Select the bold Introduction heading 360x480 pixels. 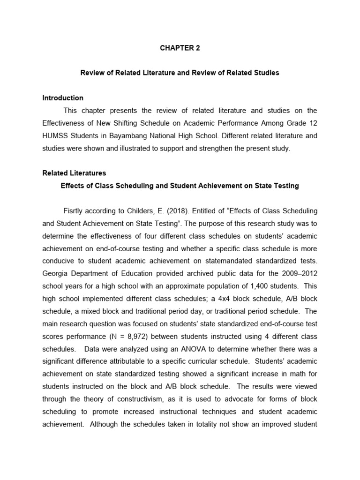[x=63, y=98]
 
